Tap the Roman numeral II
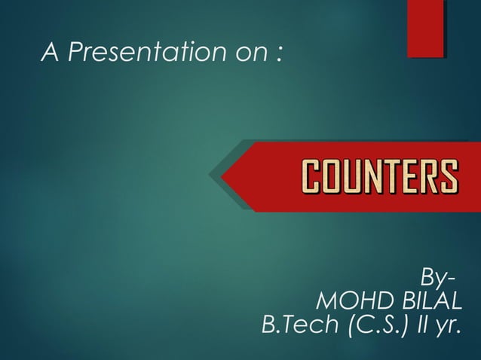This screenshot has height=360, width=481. [x=424, y=326]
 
